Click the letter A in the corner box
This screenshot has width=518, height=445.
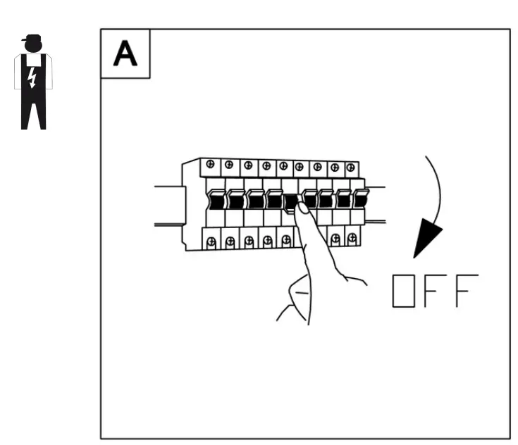pyautogui.click(x=125, y=54)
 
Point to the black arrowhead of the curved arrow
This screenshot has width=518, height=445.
pyautogui.click(x=427, y=240)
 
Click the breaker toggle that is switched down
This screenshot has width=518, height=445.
pyautogui.click(x=290, y=203)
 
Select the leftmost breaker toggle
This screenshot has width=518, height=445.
pyautogui.click(x=216, y=199)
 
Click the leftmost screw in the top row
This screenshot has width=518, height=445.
pyautogui.click(x=210, y=165)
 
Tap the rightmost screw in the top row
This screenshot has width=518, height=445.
pyautogui.click(x=351, y=168)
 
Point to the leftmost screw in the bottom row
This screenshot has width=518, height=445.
pyautogui.click(x=212, y=242)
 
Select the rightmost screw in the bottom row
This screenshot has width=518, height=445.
pyautogui.click(x=352, y=238)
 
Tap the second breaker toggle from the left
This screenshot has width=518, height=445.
pyautogui.click(x=236, y=199)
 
